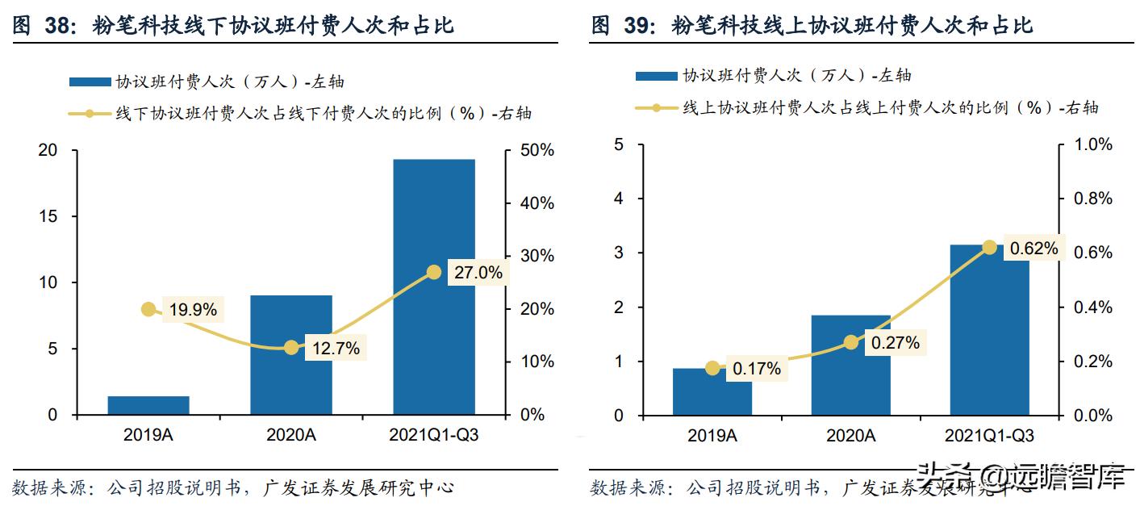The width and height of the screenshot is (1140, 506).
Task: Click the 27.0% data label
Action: pyautogui.click(x=478, y=273)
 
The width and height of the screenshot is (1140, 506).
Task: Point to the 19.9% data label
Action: pyautogui.click(x=192, y=309)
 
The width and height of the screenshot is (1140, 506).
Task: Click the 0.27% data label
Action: pyautogui.click(x=895, y=343)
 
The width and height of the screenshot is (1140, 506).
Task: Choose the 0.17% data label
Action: pyautogui.click(x=757, y=369)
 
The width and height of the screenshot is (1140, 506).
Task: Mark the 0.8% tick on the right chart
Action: pyautogui.click(x=1092, y=199)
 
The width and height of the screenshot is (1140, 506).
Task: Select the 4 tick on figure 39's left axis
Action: pyautogui.click(x=619, y=199)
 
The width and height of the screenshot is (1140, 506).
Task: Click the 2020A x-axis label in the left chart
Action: pyautogui.click(x=291, y=435)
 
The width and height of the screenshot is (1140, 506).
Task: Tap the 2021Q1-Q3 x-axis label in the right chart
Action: pyautogui.click(x=989, y=436)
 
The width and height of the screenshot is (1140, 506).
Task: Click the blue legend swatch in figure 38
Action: pyautogui.click(x=89, y=82)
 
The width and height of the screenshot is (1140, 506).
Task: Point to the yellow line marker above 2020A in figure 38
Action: pyautogui.click(x=291, y=348)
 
